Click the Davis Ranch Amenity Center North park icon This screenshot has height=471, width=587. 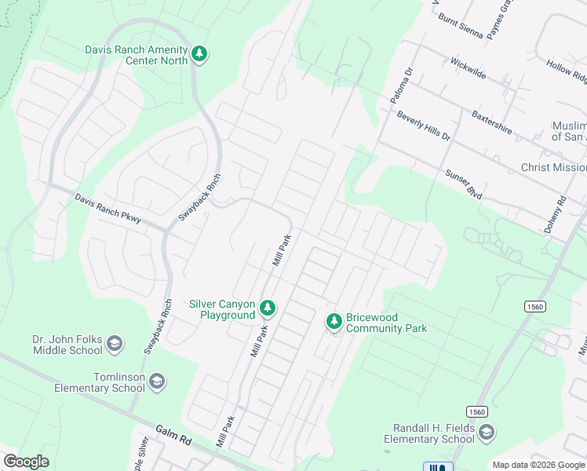click(x=200, y=54)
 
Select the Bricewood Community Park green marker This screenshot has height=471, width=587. click(x=334, y=322)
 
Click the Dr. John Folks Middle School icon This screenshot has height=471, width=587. click(x=115, y=344)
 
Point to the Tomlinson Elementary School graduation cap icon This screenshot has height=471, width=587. click(x=158, y=382)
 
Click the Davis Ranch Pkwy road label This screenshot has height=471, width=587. click(x=108, y=210)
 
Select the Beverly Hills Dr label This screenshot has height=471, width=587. click(x=424, y=126)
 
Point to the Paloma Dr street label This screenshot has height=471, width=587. click(x=402, y=86)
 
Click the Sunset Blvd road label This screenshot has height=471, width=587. click(x=463, y=184)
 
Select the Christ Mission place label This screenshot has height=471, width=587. click(x=553, y=167)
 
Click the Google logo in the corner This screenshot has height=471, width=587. click(x=26, y=462)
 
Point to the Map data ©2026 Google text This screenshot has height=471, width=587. click(x=538, y=465)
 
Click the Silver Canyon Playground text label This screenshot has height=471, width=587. click(x=222, y=309)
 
